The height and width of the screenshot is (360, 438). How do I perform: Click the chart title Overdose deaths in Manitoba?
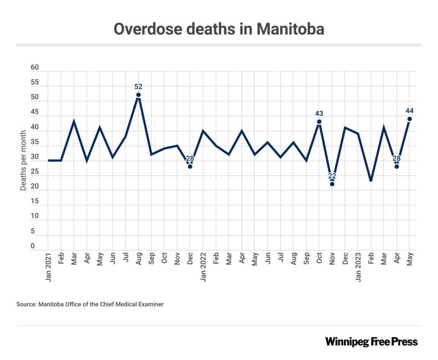[x=219, y=29]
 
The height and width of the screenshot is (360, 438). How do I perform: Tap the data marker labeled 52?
[x=138, y=95]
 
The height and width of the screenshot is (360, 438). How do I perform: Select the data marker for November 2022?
[x=332, y=184]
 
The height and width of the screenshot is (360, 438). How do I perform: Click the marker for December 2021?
[x=190, y=166]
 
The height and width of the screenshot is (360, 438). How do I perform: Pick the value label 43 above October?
[x=319, y=114]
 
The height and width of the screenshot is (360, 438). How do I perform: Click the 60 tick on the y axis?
[x=35, y=68]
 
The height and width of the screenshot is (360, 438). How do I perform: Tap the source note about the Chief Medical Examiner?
[x=90, y=304]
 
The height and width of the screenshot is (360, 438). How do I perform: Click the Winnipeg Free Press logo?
[x=371, y=342]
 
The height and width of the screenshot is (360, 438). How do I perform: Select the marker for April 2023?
[x=396, y=166]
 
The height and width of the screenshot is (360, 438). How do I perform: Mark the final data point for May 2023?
[x=410, y=119]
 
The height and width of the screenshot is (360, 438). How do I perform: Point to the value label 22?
[x=332, y=176]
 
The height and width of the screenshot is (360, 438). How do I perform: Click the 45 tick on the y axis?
[x=35, y=113]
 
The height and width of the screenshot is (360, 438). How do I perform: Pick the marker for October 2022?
[x=319, y=121]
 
